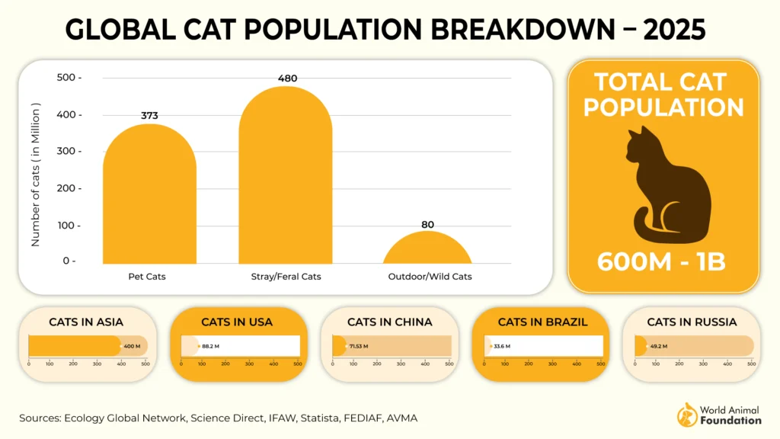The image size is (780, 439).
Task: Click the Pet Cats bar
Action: pos(149,198)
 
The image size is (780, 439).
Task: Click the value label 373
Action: pos(149,116)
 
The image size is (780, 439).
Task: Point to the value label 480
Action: pos(287,78)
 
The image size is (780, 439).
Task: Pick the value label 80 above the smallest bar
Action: pos(428,224)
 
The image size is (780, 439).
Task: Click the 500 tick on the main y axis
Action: pos(69,78)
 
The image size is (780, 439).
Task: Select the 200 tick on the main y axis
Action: pos(69,188)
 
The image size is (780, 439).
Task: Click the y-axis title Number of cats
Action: pos(35,175)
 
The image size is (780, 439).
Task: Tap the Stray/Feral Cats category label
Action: pos(286,276)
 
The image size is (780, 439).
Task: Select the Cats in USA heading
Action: pos(237,322)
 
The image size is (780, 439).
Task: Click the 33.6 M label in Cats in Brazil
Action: pos(502,346)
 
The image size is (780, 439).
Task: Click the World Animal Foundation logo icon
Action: pos(687,415)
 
